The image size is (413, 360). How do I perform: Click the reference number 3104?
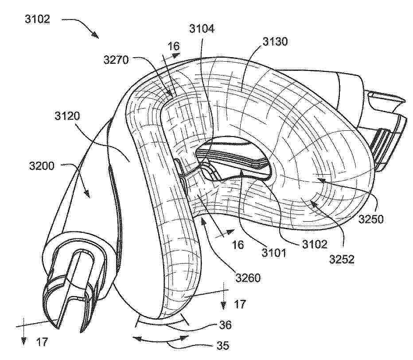(x=202, y=28)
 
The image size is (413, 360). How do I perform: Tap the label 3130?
(x=275, y=42)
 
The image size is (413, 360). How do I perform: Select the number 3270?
(x=116, y=60)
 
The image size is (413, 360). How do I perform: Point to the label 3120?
(x=67, y=116)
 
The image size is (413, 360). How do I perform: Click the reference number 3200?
(x=42, y=166)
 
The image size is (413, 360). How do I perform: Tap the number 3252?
(x=342, y=260)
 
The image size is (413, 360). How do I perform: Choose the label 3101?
(x=274, y=253)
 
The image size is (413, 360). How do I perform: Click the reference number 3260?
(x=248, y=278)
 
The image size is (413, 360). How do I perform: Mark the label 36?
(x=226, y=325)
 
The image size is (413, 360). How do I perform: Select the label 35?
(x=223, y=345)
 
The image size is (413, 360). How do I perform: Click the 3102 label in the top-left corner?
(x=37, y=19)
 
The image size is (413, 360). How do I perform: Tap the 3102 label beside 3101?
(x=315, y=244)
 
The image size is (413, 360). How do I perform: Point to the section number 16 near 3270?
(x=174, y=47)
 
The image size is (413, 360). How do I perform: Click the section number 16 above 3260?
(x=238, y=245)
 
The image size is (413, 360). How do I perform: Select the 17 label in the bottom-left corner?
(x=42, y=342)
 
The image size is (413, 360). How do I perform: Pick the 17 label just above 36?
(x=240, y=305)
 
